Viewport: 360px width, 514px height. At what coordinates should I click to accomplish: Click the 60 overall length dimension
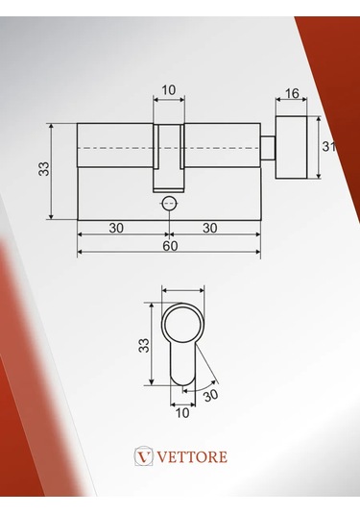click(x=169, y=246)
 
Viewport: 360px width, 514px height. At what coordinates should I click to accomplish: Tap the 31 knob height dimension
click(x=328, y=147)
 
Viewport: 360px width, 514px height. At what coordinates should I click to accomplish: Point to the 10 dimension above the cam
click(x=169, y=90)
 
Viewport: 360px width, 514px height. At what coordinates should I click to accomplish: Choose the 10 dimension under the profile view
click(x=182, y=412)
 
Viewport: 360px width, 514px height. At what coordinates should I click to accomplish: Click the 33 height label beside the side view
click(x=43, y=170)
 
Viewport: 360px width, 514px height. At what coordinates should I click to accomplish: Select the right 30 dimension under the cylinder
click(x=210, y=228)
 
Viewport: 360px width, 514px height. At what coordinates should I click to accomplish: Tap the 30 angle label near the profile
click(x=210, y=395)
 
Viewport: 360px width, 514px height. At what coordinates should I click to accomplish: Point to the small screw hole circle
click(x=170, y=203)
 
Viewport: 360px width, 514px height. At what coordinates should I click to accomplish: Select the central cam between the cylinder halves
click(x=169, y=158)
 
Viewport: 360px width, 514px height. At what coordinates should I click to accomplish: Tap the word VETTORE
click(x=192, y=456)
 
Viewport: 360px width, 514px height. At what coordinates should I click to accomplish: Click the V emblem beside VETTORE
click(x=144, y=456)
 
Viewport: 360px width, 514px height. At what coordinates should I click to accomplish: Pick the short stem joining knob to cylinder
click(x=270, y=147)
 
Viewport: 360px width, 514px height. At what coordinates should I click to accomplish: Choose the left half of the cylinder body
click(x=113, y=171)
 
